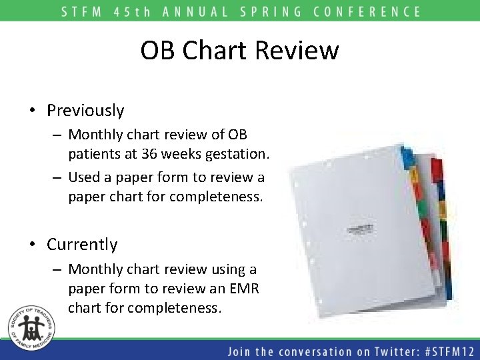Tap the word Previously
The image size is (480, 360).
pyautogui.click(x=85, y=110)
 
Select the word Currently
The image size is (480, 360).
pyautogui.click(x=82, y=245)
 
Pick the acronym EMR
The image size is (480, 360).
pyautogui.click(x=247, y=289)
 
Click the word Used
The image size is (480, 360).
pyautogui.click(x=84, y=177)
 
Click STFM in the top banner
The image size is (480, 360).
pyautogui.click(x=80, y=11)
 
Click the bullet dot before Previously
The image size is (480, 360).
pyautogui.click(x=32, y=111)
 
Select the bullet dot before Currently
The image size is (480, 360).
pyautogui.click(x=32, y=245)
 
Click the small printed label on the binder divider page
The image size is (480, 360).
pyautogui.click(x=360, y=229)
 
